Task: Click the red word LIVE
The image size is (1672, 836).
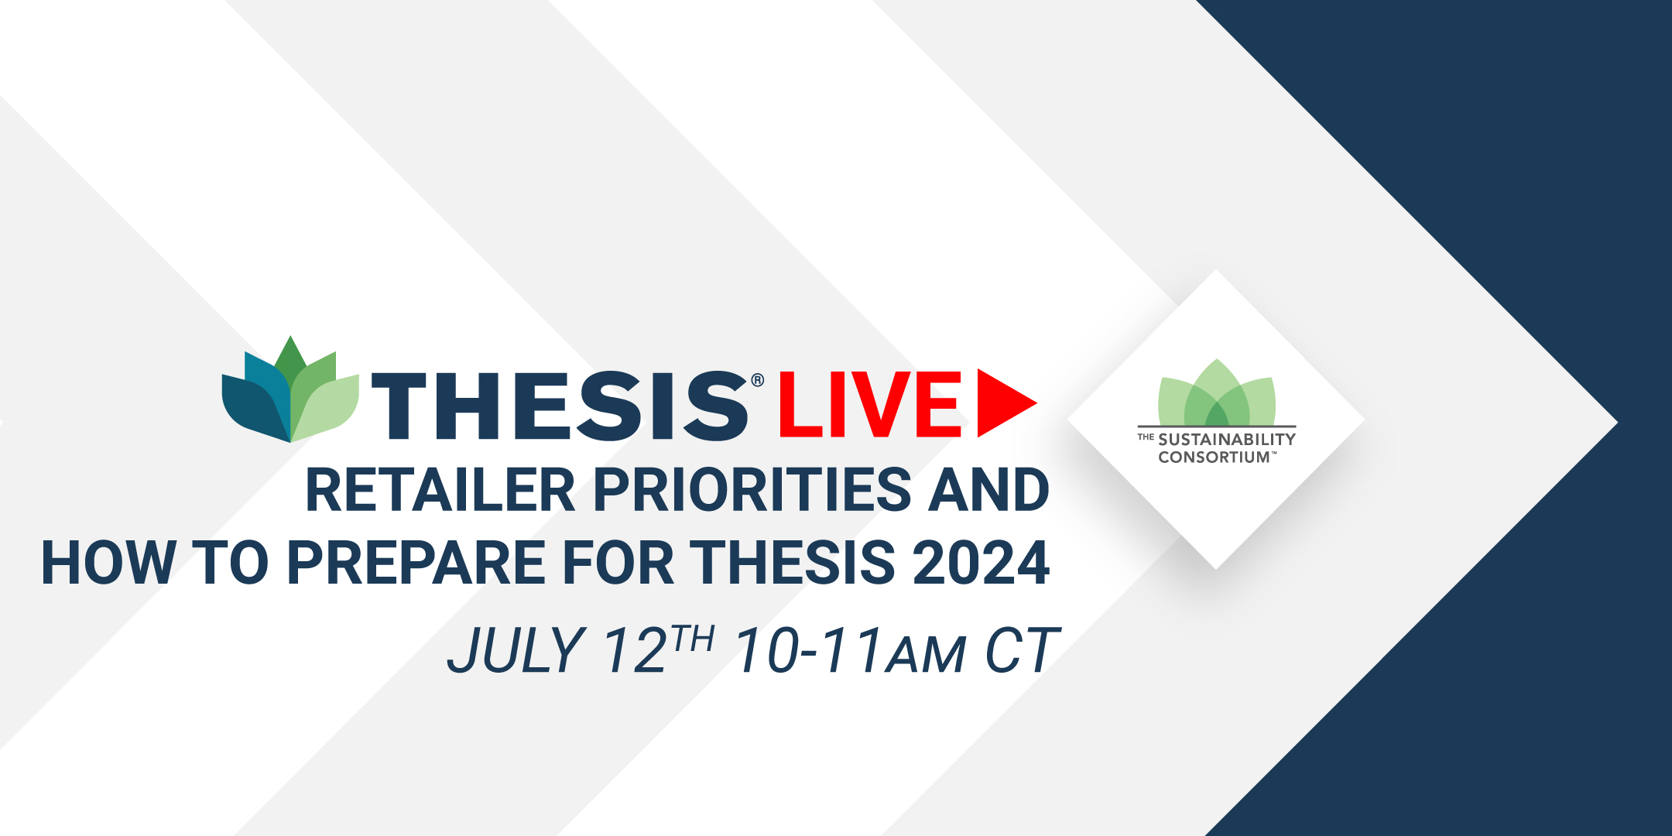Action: click(870, 404)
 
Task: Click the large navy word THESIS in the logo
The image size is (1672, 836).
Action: click(560, 406)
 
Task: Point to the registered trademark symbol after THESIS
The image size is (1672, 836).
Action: click(758, 380)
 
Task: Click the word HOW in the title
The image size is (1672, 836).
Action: click(108, 563)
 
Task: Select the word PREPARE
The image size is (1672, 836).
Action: click(416, 563)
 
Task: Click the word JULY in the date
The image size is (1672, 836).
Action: click(516, 649)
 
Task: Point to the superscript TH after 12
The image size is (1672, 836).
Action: click(693, 639)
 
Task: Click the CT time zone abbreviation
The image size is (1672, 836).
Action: click(1019, 649)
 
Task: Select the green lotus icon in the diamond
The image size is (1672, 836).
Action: click(1217, 392)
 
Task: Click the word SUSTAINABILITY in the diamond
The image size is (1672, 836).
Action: click(1227, 439)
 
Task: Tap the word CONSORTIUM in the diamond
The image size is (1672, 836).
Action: click(1214, 457)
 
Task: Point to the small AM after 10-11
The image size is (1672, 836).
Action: click(927, 655)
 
